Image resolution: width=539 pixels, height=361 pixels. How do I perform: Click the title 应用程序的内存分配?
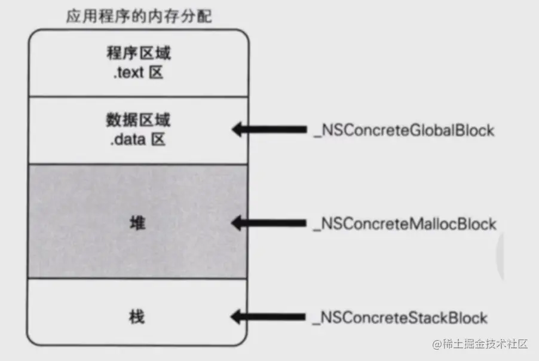(x=139, y=16)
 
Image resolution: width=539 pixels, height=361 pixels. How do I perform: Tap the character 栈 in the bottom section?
(x=137, y=317)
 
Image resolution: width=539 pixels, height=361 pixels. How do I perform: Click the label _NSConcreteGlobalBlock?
(x=404, y=130)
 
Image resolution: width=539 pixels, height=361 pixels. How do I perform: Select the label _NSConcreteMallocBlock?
(x=405, y=224)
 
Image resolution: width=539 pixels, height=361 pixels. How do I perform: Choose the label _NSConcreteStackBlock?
(x=400, y=318)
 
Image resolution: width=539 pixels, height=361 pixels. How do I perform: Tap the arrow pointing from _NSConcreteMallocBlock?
(x=269, y=224)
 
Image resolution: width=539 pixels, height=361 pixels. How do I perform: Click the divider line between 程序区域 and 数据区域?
(x=138, y=96)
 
